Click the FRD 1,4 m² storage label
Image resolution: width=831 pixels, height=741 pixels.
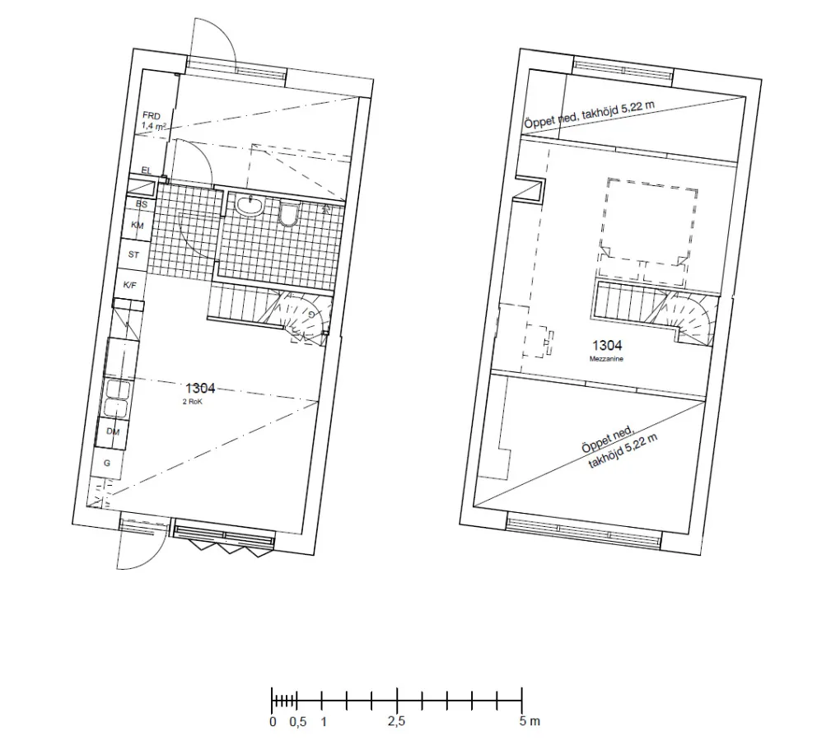point(154,121)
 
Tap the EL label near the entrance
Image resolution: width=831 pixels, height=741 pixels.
point(147,170)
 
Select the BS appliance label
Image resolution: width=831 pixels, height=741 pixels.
point(141,203)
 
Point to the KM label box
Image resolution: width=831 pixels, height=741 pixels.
point(138,225)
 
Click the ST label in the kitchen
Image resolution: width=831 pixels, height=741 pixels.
point(133,255)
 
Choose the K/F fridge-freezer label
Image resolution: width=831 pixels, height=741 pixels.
point(129,285)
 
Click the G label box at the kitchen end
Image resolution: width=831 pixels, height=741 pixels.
point(106,464)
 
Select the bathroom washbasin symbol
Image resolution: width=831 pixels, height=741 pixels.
point(248,206)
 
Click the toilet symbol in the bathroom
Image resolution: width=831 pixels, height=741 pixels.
point(287,214)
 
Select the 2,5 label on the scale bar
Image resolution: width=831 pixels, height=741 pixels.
point(397,722)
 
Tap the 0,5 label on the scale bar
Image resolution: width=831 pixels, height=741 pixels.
point(297,722)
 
